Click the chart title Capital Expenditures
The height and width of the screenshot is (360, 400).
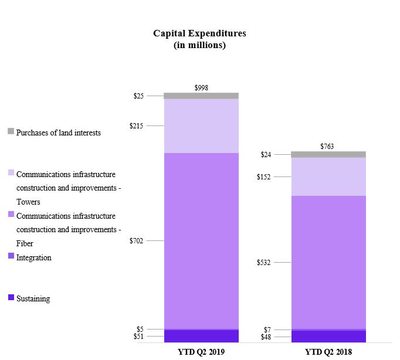[199, 33]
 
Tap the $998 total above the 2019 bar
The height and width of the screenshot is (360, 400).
[201, 87]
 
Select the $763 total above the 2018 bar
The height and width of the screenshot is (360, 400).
[327, 146]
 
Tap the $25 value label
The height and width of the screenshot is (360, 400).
[140, 96]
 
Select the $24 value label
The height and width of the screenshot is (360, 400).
[266, 155]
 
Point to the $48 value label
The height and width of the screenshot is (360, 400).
[266, 337]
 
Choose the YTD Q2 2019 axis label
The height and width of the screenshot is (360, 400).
[201, 352]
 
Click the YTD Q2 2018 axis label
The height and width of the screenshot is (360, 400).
[328, 352]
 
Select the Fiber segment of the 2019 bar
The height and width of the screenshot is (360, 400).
[201, 240]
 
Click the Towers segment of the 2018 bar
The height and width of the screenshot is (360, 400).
[328, 176]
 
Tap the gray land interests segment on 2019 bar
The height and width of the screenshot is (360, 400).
[201, 96]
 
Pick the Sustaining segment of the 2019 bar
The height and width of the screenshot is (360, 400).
[201, 336]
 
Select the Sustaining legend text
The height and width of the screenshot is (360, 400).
[33, 298]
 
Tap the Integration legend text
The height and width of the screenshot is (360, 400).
[33, 257]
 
